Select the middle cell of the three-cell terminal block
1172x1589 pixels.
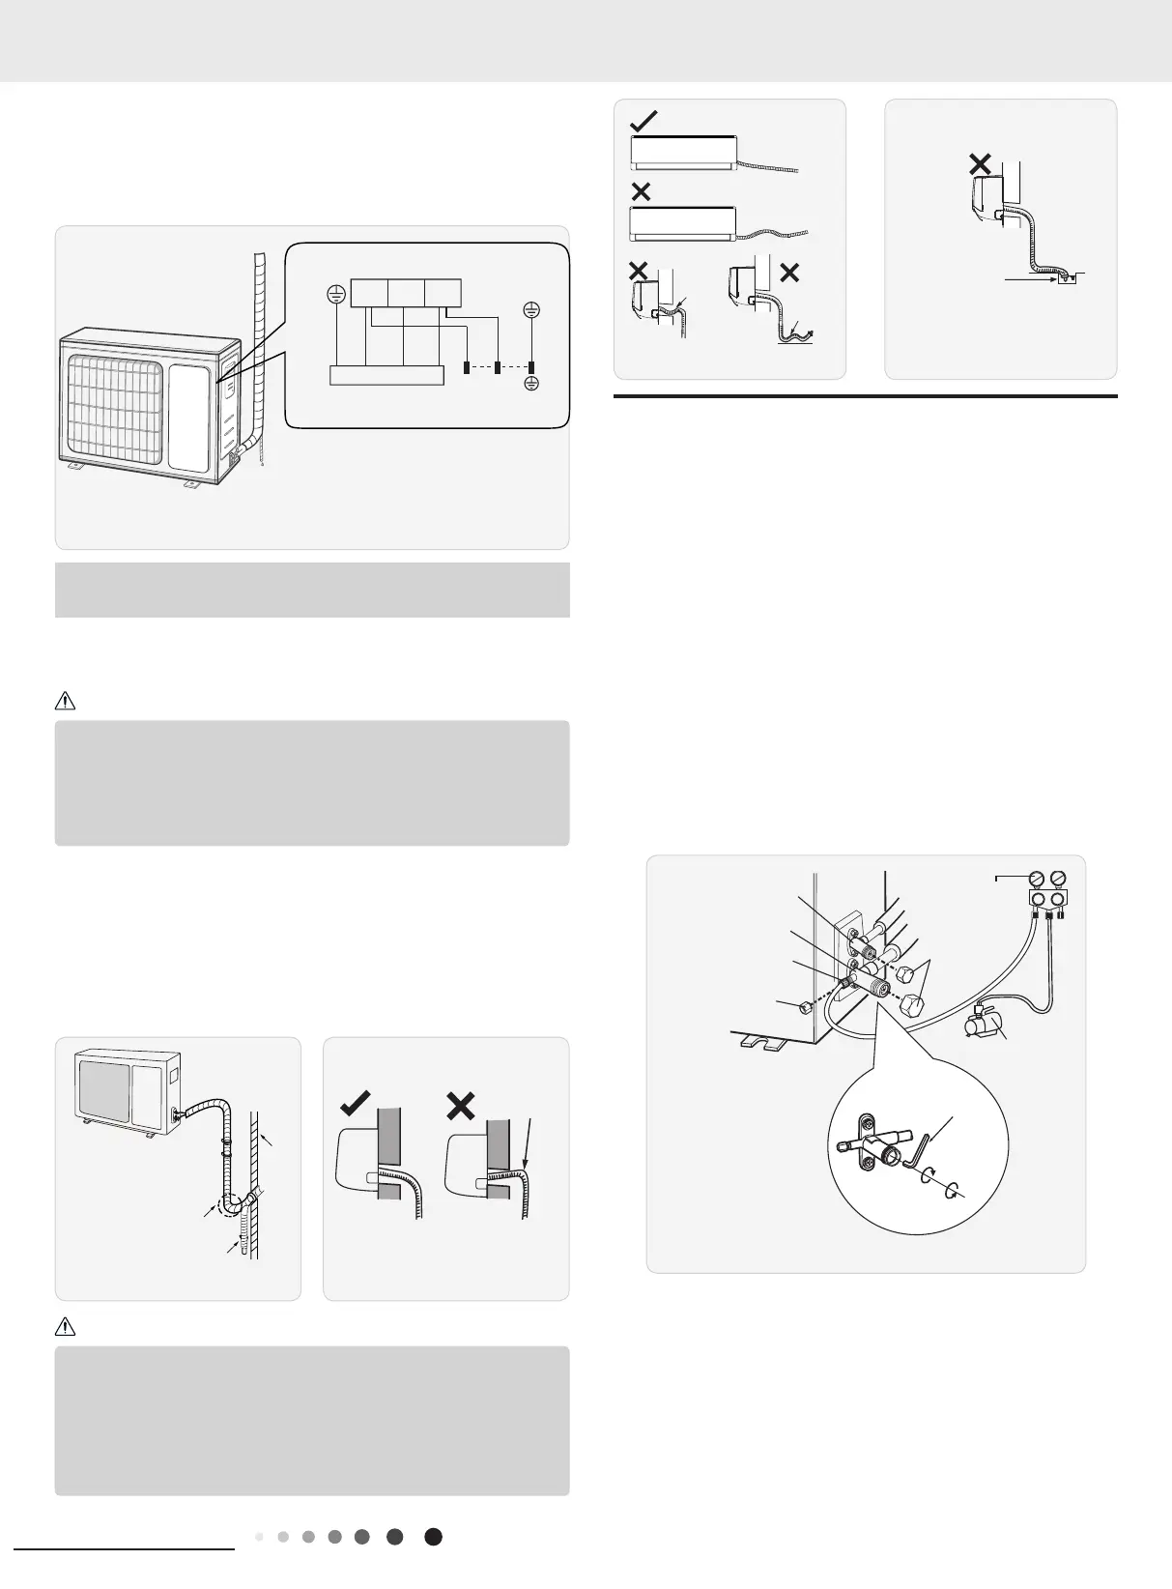coord(405,292)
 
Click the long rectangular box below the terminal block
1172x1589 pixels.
coord(386,375)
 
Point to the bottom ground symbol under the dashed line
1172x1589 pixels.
coord(531,384)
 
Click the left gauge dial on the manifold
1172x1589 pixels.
coord(1037,880)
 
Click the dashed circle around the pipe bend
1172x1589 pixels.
coord(232,1206)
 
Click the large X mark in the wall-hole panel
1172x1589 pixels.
coord(461,1104)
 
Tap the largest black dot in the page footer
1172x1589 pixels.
coord(434,1537)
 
